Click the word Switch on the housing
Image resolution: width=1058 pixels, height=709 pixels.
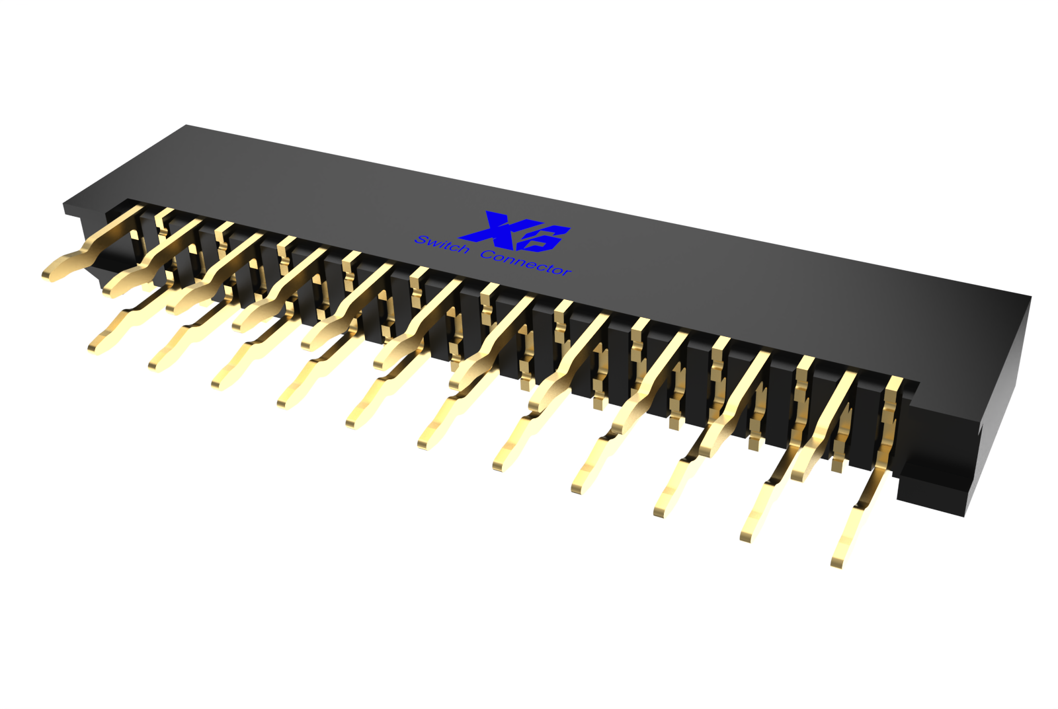click(442, 244)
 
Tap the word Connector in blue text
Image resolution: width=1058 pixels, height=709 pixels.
click(526, 264)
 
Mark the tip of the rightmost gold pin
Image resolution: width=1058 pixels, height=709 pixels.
click(836, 562)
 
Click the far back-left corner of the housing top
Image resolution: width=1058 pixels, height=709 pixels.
click(187, 126)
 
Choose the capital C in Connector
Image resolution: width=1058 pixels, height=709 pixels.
click(487, 255)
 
